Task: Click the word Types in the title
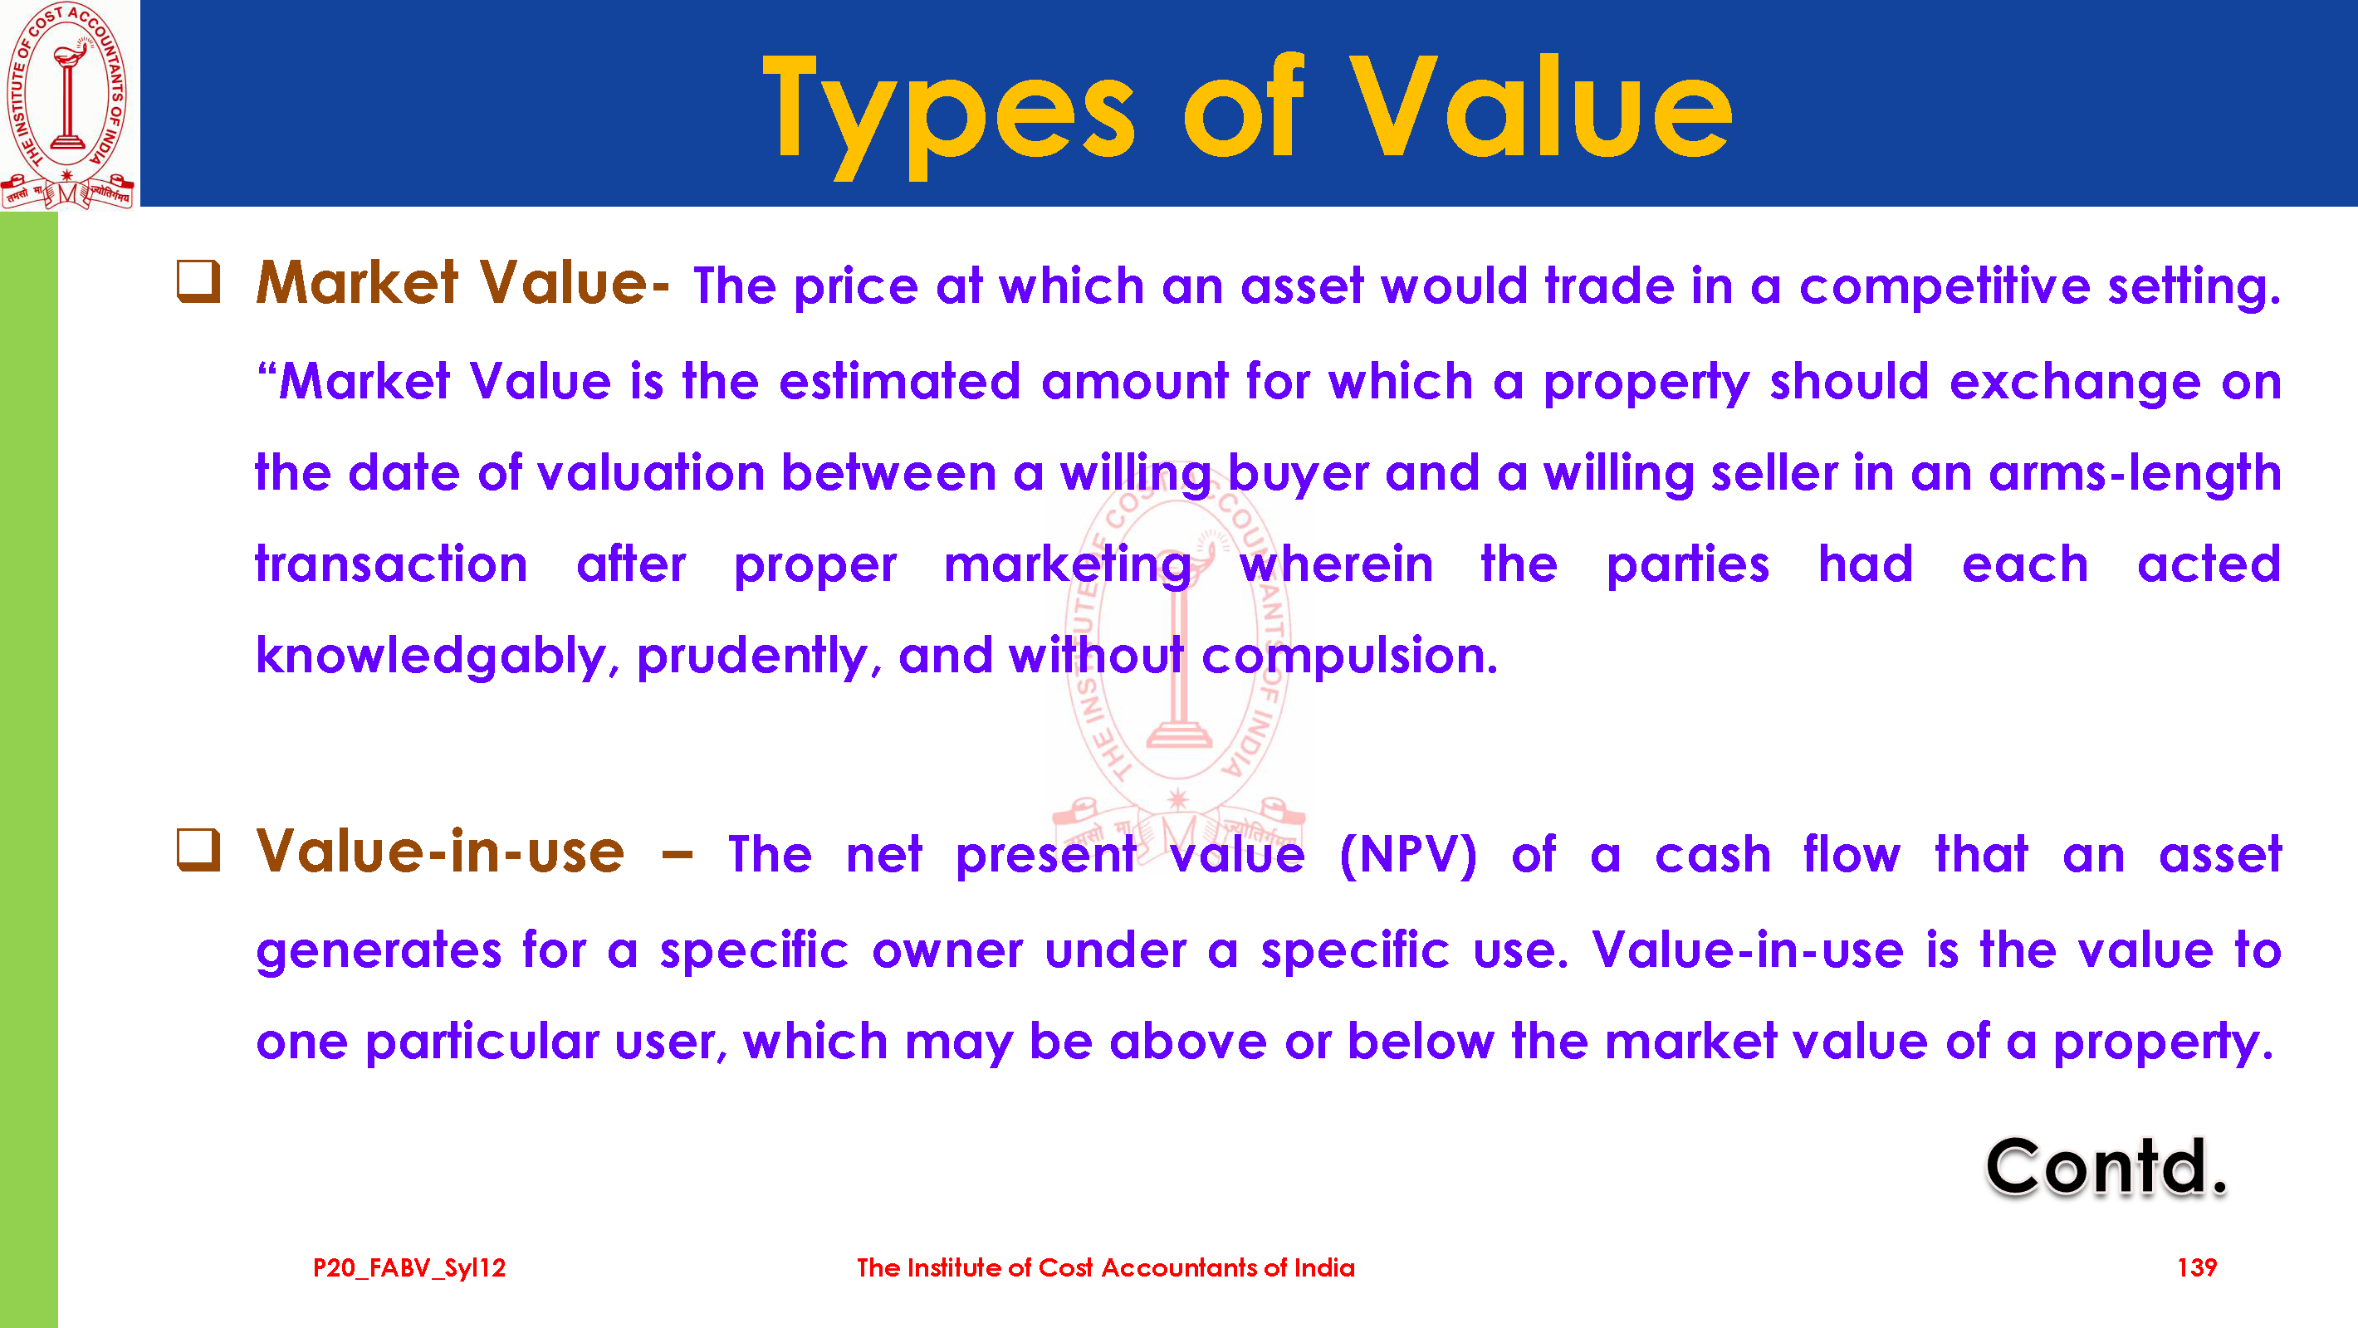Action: (948, 114)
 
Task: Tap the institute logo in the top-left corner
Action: (68, 105)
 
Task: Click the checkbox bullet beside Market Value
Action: (198, 281)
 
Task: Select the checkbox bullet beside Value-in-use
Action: (198, 850)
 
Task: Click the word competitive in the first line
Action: (1945, 288)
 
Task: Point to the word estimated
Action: (899, 381)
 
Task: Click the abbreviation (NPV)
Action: (1408, 856)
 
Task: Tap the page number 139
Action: (2197, 1267)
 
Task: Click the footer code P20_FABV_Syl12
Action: (409, 1268)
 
